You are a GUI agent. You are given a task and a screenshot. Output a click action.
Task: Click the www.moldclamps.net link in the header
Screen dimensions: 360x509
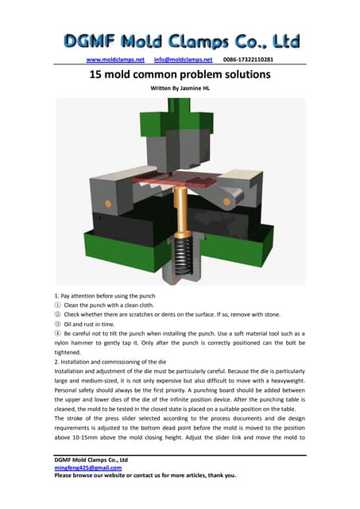coord(115,60)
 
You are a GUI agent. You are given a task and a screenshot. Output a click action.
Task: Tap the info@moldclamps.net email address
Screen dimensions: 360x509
coord(183,60)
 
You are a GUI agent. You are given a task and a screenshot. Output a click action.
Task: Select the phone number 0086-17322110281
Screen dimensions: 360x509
coord(248,60)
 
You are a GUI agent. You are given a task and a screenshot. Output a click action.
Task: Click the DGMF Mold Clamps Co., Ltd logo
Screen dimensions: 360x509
coord(181,41)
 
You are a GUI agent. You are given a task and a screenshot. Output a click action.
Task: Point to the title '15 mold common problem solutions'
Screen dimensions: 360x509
coord(180,74)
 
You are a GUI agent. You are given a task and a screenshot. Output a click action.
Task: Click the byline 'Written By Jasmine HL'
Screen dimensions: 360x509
coord(180,88)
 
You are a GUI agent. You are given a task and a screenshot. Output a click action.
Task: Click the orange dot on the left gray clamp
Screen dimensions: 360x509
coord(108,204)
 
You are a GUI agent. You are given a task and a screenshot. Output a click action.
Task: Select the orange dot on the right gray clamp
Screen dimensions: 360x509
coord(226,201)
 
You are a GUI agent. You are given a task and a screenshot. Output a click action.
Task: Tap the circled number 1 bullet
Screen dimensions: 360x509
coord(57,305)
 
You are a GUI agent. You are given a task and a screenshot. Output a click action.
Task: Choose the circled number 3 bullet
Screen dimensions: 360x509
coord(57,324)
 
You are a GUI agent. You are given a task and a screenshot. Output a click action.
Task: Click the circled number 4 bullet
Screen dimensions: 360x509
coord(57,333)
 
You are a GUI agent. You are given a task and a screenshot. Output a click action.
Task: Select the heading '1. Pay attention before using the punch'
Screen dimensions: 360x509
coord(105,296)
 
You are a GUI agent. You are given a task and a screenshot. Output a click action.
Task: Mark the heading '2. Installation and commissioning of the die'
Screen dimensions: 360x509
coord(110,362)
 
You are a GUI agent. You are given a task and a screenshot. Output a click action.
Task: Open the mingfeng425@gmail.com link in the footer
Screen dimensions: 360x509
coord(88,468)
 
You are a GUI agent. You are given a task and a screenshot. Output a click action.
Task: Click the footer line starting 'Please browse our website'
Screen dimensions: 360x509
coord(145,476)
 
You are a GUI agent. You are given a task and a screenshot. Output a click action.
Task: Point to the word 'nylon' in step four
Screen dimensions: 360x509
coord(61,343)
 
